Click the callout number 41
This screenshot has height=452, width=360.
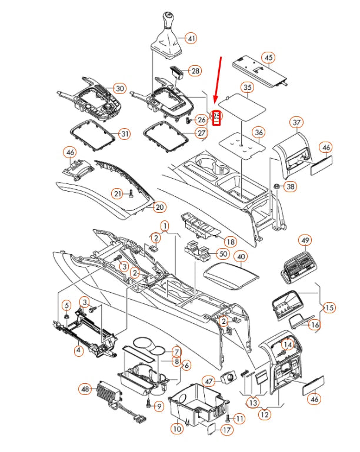(191, 38)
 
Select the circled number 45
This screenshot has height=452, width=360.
(268, 58)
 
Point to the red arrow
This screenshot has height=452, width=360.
(218, 80)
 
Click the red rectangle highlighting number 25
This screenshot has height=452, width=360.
(216, 118)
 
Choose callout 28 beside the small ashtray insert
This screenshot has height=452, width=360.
(195, 71)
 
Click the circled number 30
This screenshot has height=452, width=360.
(119, 88)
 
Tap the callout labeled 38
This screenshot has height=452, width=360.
(290, 186)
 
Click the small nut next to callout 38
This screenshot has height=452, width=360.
(276, 186)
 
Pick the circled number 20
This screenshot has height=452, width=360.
(159, 207)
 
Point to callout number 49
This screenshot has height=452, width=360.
(305, 240)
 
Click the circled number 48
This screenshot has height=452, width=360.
(85, 389)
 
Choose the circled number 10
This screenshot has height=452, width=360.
(177, 428)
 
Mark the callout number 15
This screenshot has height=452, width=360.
(329, 307)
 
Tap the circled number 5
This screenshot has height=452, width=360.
(66, 305)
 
